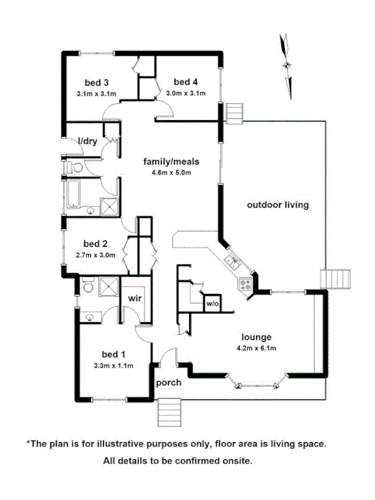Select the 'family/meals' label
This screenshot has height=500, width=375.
coord(170,162)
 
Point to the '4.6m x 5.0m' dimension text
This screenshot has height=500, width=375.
coord(170,172)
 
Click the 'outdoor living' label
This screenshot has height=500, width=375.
coord(278,205)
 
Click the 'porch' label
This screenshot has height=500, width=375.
coord(169,382)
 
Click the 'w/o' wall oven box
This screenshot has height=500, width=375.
coord(212,304)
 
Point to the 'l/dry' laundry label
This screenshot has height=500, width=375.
coord(88,141)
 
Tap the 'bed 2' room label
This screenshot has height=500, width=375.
coord(94,242)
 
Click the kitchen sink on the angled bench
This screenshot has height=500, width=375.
coord(231,261)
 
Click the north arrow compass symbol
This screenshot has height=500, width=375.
coord(287,65)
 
